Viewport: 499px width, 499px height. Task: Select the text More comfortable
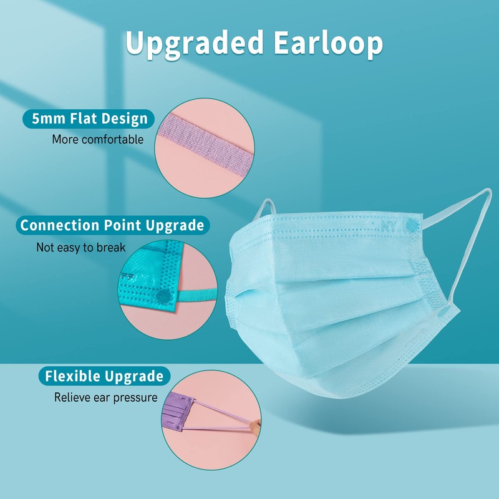tap(97, 139)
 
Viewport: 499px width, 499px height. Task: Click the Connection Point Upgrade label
tap(112, 225)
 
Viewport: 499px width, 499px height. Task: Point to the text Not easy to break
tap(81, 248)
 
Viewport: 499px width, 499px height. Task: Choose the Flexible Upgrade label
tap(104, 376)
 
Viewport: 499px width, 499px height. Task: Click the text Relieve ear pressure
tap(105, 397)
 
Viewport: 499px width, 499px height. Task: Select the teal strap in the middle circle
tap(200, 292)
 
